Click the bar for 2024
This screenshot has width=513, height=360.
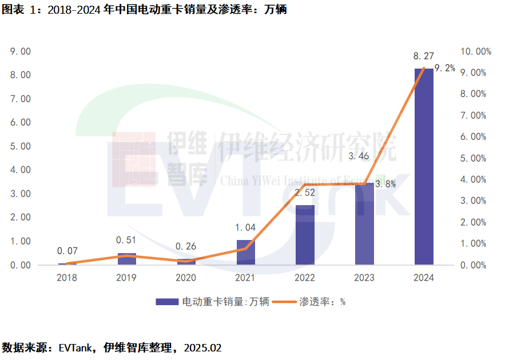tap(424, 166)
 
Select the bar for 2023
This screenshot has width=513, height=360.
tap(364, 223)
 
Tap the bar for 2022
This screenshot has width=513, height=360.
tap(305, 235)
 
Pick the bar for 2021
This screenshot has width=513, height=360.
tap(245, 252)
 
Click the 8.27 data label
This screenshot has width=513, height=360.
tap(424, 56)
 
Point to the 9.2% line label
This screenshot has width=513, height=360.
tap(445, 68)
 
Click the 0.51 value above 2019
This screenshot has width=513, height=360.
tap(126, 240)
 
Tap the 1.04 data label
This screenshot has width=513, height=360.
tap(245, 227)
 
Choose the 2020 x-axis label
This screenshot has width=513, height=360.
tap(186, 278)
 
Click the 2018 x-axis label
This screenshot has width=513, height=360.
tap(67, 278)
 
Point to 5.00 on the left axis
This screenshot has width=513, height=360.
tap(21, 146)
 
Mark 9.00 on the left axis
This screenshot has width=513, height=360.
tap(21, 51)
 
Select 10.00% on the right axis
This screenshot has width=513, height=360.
tap(476, 51)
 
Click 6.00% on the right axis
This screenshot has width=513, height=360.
tap(474, 137)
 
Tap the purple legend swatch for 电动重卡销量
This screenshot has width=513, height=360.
tap(167, 302)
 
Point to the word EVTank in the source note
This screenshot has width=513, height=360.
tap(73, 347)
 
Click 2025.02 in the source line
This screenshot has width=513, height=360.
tap(202, 347)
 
